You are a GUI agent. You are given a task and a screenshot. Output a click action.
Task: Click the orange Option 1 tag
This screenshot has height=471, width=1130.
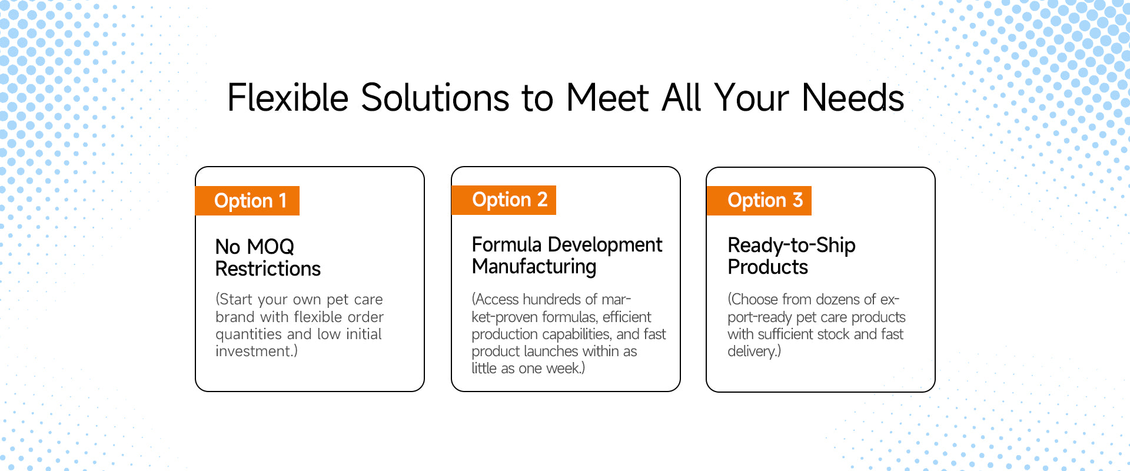tap(247, 201)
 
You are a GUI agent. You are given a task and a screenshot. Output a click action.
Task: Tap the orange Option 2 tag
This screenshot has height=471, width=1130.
tap(504, 200)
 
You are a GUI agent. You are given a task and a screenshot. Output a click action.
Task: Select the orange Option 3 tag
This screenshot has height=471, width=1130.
tap(759, 201)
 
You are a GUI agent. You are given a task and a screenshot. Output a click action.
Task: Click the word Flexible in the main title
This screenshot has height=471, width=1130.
tap(288, 98)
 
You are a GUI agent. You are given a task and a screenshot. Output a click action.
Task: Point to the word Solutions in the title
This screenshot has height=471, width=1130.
tap(435, 98)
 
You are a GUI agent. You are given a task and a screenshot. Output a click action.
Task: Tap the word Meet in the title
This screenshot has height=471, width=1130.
tap(607, 98)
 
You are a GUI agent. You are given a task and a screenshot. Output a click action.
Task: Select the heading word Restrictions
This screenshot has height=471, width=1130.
tap(268, 269)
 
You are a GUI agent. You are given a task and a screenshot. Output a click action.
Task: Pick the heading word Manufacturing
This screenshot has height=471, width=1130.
tap(534, 267)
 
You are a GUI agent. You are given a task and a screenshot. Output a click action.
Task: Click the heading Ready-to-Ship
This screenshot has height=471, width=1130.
tap(792, 246)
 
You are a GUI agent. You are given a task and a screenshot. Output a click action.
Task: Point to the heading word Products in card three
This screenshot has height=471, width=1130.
tap(767, 267)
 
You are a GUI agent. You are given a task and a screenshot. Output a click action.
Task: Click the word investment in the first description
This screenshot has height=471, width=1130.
tap(254, 351)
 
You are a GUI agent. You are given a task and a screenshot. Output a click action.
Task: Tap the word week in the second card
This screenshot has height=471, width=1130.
tap(563, 369)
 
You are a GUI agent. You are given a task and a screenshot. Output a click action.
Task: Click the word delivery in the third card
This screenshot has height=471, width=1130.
tap(752, 351)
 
